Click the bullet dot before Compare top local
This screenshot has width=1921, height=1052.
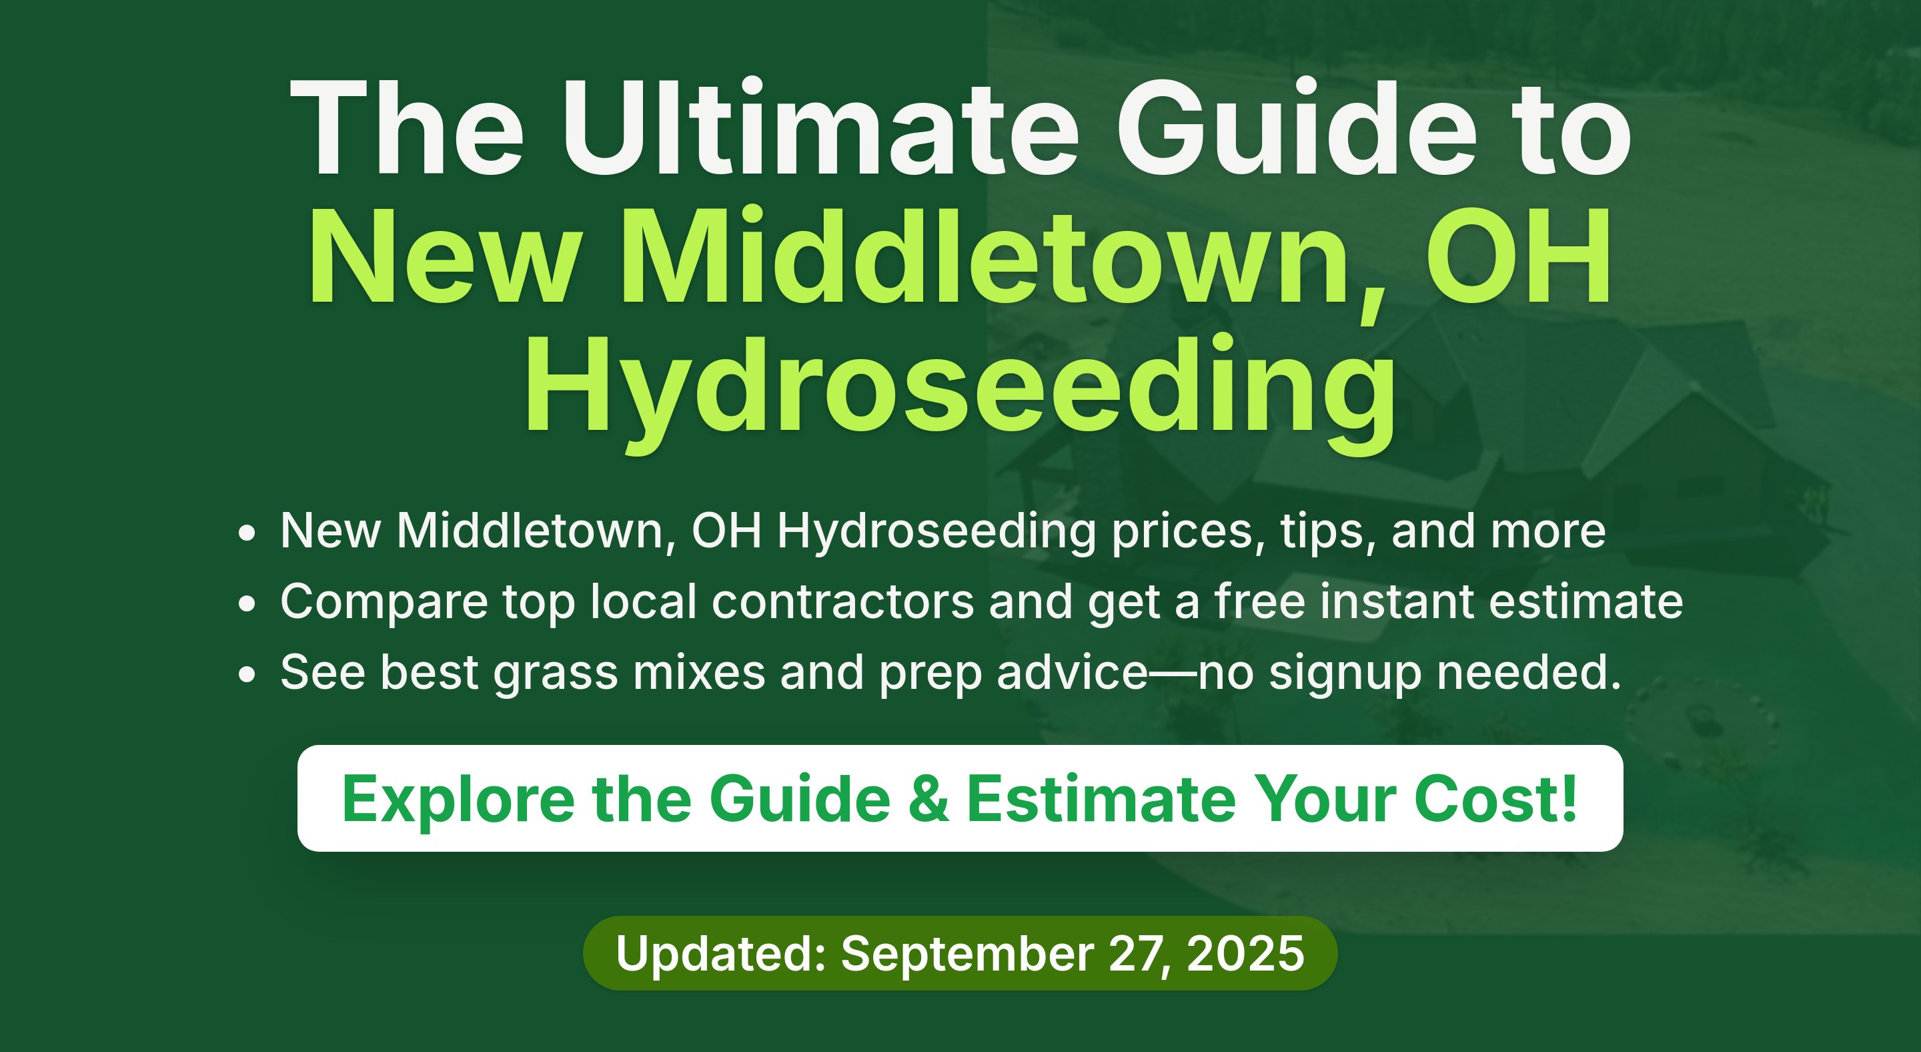(x=247, y=603)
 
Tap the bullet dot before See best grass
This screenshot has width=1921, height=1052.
(x=247, y=674)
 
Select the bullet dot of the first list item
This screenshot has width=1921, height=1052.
(x=247, y=533)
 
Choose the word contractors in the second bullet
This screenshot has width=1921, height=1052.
(x=842, y=601)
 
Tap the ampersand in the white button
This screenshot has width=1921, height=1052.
(x=929, y=799)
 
